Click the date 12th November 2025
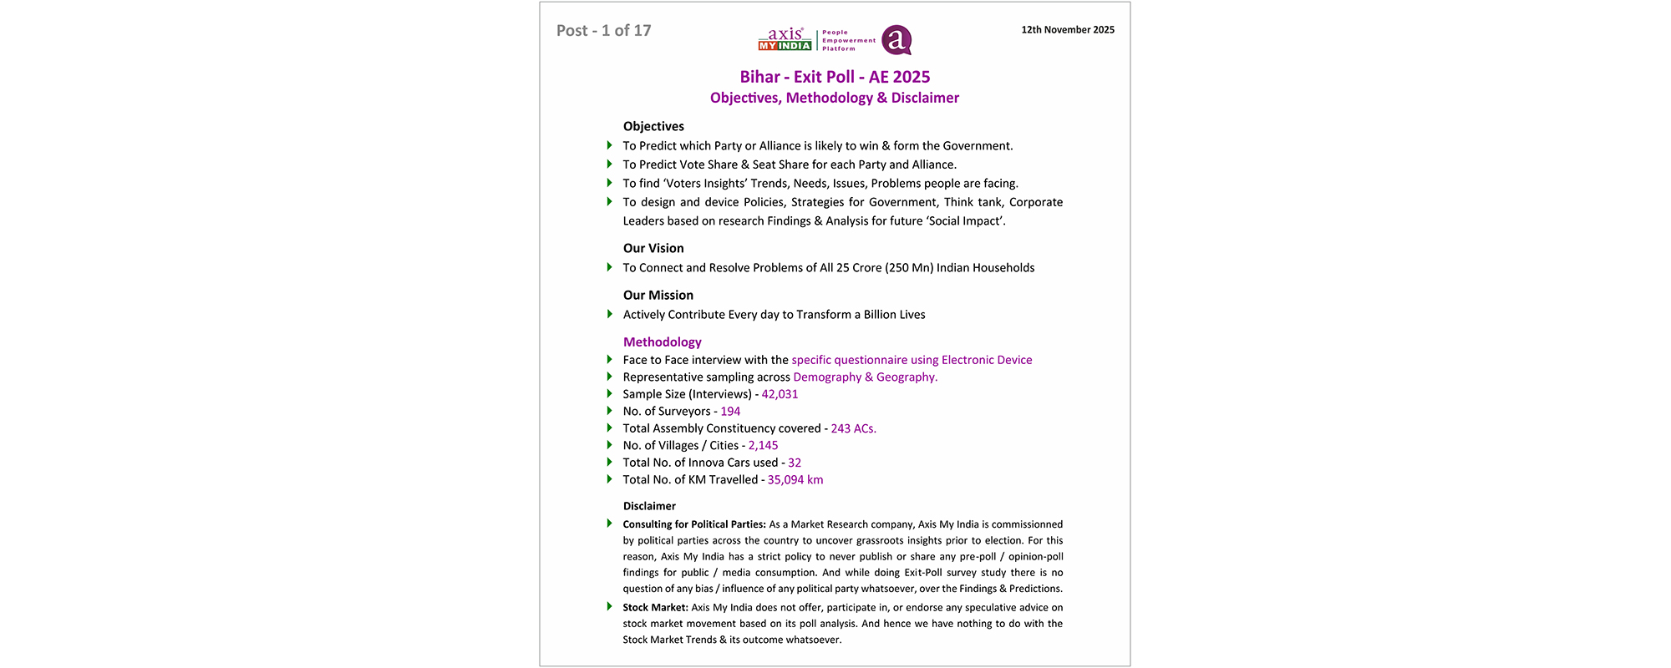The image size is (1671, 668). [1067, 30]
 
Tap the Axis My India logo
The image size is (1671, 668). [785, 39]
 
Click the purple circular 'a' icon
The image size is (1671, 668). [896, 40]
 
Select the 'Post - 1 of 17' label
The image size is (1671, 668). [603, 31]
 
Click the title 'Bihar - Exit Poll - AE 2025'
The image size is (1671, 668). [835, 77]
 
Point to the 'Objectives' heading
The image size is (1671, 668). [653, 126]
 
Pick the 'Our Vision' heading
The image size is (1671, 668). [653, 248]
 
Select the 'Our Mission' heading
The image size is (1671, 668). [658, 295]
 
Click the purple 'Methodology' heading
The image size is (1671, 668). [663, 342]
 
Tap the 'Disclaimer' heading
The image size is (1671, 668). [649, 506]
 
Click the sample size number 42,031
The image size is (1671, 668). [780, 394]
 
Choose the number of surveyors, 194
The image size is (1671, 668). [730, 411]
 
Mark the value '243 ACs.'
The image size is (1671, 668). [853, 428]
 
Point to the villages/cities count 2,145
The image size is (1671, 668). [763, 445]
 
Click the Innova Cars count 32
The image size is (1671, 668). [795, 463]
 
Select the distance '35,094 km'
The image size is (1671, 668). [795, 479]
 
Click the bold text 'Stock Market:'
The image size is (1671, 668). [656, 608]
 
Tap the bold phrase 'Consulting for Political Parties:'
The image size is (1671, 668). [694, 524]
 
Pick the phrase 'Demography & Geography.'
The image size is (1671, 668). [865, 377]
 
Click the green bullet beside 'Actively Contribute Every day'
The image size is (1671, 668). [610, 314]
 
